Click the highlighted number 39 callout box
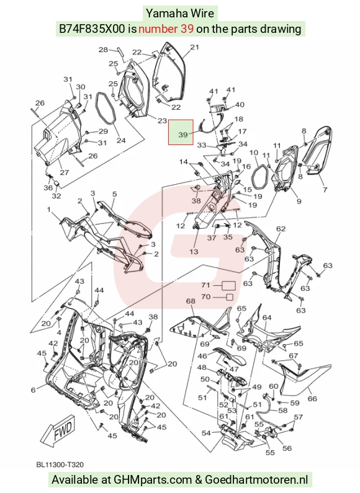point(181,132)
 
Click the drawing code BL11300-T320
point(60,464)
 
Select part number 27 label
point(65,172)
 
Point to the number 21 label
point(194,47)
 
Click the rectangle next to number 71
point(229,285)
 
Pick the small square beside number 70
point(230,297)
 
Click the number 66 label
point(312,399)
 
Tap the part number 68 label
point(191,301)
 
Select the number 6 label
point(34,390)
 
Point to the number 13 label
point(194,251)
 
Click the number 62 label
point(281,229)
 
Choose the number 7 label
point(325,190)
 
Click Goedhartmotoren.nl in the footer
point(256,480)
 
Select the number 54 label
point(206,433)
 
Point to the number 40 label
point(240,104)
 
